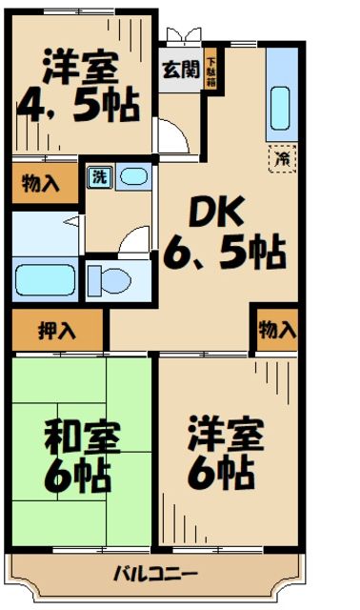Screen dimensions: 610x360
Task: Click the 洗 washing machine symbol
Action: (x=98, y=175)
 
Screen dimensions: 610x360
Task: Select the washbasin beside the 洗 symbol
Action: (x=134, y=176)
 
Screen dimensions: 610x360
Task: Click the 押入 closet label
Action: (x=56, y=331)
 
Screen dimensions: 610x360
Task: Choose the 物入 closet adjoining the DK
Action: (x=276, y=330)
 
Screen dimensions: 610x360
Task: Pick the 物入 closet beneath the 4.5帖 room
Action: (x=41, y=183)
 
